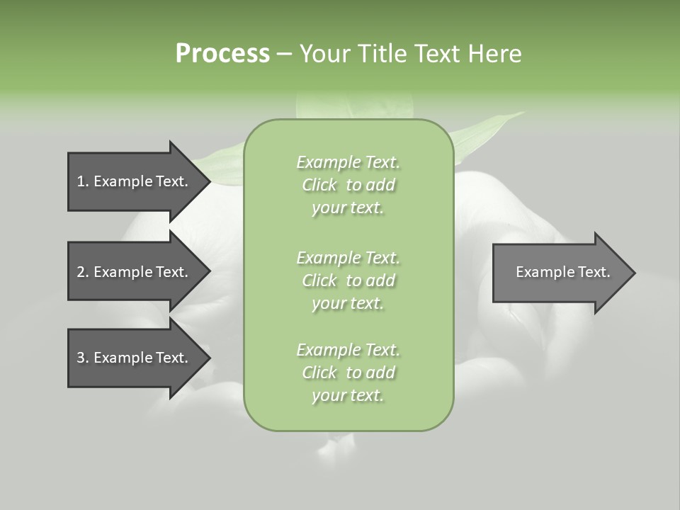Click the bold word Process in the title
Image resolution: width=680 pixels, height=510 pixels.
pyautogui.click(x=222, y=54)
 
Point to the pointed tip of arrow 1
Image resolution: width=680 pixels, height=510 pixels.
pyautogui.click(x=208, y=181)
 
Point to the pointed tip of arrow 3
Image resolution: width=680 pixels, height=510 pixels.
pyautogui.click(x=208, y=358)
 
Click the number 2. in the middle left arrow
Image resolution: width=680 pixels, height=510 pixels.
pyautogui.click(x=82, y=272)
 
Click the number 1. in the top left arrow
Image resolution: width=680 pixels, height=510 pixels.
pyautogui.click(x=82, y=181)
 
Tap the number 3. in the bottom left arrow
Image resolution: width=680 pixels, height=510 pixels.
pyautogui.click(x=82, y=358)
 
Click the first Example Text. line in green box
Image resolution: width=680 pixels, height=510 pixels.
pyautogui.click(x=348, y=162)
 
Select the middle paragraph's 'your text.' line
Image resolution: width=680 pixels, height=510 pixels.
pyautogui.click(x=348, y=303)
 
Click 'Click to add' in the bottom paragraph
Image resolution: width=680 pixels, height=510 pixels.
pyautogui.click(x=348, y=373)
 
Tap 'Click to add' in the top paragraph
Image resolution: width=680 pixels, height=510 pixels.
pyautogui.click(x=348, y=185)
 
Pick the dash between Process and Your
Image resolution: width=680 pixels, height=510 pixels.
pyautogui.click(x=283, y=54)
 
